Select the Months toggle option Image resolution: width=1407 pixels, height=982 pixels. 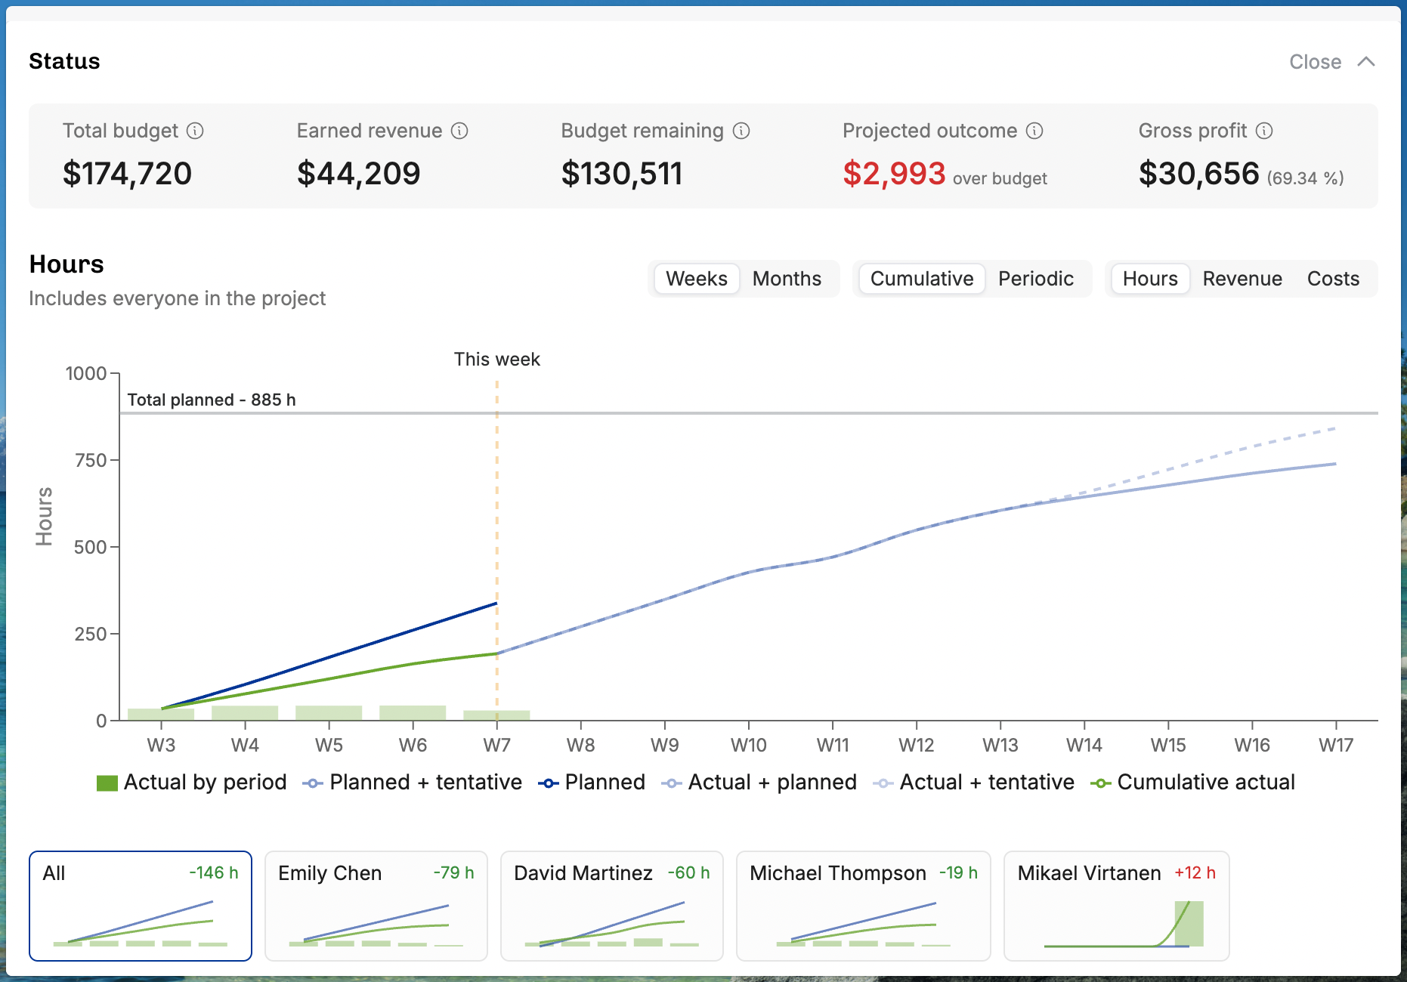(x=787, y=279)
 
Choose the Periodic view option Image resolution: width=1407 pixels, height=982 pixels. (x=1035, y=279)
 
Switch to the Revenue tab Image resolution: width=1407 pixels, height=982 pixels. (x=1242, y=279)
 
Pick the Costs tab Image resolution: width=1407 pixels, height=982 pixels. (x=1333, y=279)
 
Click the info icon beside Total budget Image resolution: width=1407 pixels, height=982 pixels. (x=195, y=131)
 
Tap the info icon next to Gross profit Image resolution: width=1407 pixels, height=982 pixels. (x=1264, y=131)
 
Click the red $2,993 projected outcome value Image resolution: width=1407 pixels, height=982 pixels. (x=894, y=174)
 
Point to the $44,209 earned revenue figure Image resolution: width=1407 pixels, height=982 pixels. (x=358, y=174)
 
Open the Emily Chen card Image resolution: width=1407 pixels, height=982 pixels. (x=376, y=906)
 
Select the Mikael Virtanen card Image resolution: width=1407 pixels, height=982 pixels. (x=1116, y=906)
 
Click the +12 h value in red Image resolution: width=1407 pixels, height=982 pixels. (x=1195, y=872)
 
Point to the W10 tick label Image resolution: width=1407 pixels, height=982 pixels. (x=748, y=745)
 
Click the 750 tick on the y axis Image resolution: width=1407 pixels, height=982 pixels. (x=91, y=460)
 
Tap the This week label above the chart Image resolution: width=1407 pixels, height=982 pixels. (x=496, y=359)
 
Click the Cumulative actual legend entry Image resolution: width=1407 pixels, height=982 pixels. (x=1192, y=782)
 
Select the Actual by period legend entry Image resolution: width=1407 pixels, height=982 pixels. (x=192, y=782)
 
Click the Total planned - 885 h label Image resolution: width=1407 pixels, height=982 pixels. (x=212, y=400)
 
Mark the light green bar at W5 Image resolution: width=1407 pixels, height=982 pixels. (x=329, y=712)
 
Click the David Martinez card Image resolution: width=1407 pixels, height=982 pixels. (x=612, y=906)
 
